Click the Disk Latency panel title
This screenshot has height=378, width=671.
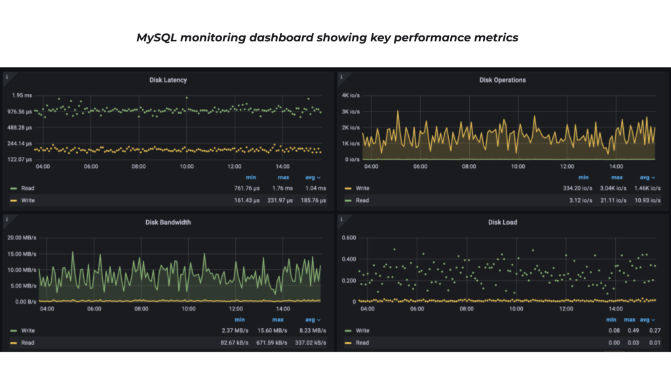click(168, 80)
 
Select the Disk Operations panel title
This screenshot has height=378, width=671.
click(502, 80)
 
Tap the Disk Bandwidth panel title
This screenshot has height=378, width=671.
click(168, 222)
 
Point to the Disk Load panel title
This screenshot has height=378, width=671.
click(502, 222)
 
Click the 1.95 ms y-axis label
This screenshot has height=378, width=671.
click(22, 96)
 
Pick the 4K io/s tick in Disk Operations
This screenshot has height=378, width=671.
click(351, 96)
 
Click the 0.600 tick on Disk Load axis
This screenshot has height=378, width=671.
click(348, 238)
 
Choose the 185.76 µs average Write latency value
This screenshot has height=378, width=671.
click(312, 200)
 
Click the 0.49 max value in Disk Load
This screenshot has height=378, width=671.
click(630, 331)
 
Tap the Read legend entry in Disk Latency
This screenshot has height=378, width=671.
click(28, 188)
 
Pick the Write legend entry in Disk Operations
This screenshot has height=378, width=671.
click(362, 188)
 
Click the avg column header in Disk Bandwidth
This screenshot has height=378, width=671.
click(313, 320)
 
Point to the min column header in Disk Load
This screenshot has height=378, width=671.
click(611, 320)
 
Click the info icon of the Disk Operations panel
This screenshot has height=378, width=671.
click(341, 77)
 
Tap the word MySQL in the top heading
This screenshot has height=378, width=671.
click(151, 37)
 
